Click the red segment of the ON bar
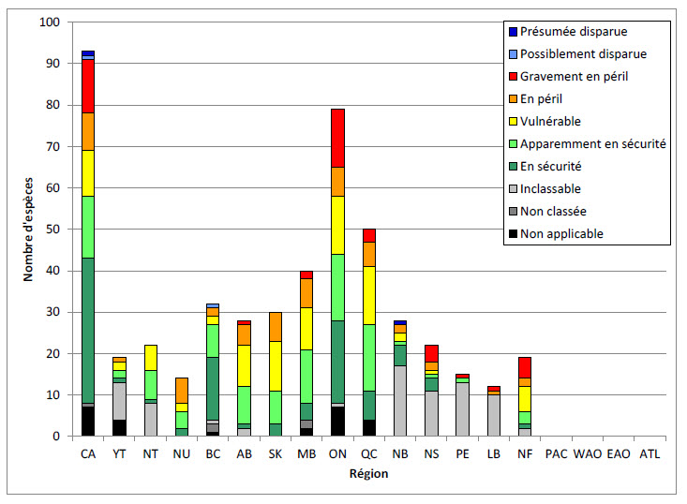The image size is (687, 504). pos(337,138)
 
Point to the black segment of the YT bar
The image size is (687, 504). pos(119,428)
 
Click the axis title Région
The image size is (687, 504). pos(368,475)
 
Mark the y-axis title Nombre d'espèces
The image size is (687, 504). pos(31,230)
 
